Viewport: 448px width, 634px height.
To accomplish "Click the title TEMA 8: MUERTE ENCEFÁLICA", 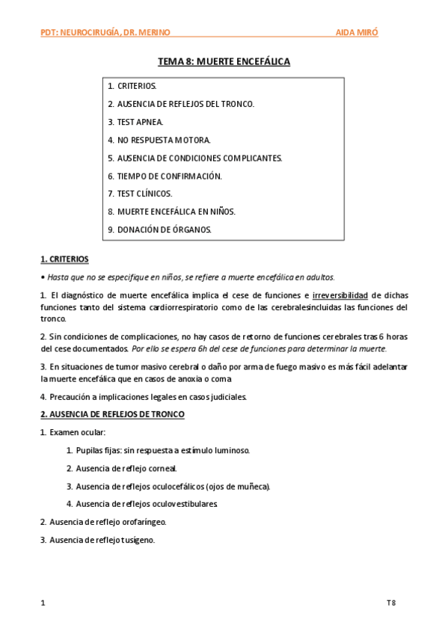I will [x=224, y=61].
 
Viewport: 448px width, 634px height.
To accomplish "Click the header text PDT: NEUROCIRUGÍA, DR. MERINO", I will [x=105, y=32].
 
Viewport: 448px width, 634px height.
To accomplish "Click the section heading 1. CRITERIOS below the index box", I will [x=64, y=259].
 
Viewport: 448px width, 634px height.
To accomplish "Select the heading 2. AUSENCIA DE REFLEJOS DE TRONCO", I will [x=112, y=414].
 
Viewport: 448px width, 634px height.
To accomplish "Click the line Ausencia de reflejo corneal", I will [x=126, y=468].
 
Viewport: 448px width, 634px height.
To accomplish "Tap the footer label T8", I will [x=391, y=602].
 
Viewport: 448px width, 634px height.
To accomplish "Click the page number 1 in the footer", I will [x=43, y=602].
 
